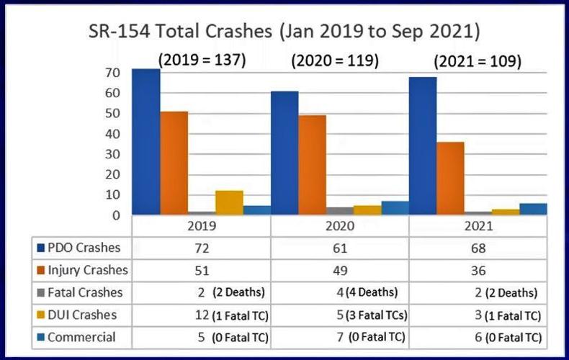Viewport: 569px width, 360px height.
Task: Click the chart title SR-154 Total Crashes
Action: pyautogui.click(x=284, y=32)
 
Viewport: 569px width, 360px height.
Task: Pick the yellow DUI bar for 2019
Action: pyautogui.click(x=229, y=202)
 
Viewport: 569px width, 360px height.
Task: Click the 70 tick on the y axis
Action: pyautogui.click(x=109, y=73)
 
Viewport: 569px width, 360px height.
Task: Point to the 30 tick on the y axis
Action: pyautogui.click(x=109, y=154)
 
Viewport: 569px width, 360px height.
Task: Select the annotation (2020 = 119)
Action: pyautogui.click(x=335, y=62)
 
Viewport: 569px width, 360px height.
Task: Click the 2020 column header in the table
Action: pyautogui.click(x=340, y=226)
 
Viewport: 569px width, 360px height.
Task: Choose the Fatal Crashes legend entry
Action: pyautogui.click(x=81, y=293)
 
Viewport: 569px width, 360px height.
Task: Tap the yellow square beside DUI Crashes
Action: pyautogui.click(x=42, y=315)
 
